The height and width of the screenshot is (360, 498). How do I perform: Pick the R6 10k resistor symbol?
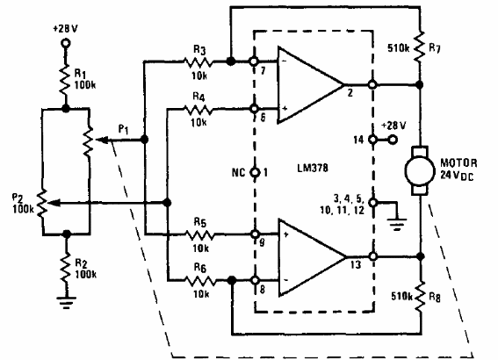point(198,282)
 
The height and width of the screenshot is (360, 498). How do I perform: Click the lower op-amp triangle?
point(307,257)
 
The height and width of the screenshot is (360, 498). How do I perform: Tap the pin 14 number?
point(357,140)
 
